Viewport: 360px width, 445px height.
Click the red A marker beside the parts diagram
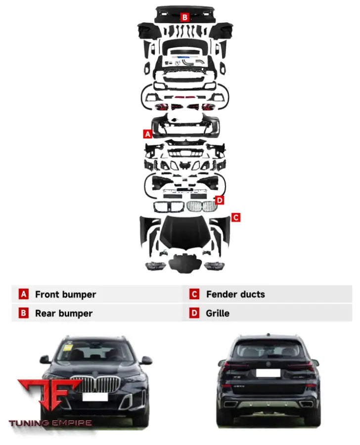coord(147,133)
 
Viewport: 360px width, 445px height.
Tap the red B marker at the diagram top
coord(184,17)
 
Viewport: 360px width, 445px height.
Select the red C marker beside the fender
coord(236,217)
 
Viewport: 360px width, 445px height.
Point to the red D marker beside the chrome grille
coord(220,200)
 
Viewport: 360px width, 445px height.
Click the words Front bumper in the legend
coord(65,295)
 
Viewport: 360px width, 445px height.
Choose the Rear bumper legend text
coord(63,313)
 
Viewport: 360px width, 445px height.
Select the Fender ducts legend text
coord(235,295)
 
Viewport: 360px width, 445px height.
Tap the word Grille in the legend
coord(218,313)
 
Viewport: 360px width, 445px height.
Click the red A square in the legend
coord(24,295)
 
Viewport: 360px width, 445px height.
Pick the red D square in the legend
coord(194,313)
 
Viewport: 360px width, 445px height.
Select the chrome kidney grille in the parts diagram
coord(201,207)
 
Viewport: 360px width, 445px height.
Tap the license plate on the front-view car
coord(93,396)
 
